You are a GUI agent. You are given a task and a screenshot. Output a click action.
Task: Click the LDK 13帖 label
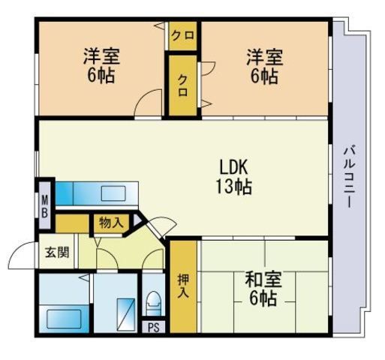coord(233,177)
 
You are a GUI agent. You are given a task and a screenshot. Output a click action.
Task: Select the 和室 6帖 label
coord(263,289)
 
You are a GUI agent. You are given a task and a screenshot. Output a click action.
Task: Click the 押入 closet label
coord(183,286)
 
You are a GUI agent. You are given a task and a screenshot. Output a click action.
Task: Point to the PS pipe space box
coord(153,327)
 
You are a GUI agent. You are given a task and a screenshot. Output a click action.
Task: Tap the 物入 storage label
coord(111,223)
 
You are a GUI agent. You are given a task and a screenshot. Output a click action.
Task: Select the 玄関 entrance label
coord(57,252)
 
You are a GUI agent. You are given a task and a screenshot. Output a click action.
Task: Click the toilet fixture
coord(153,304)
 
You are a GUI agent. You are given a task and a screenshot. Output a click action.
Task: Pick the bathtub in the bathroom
coord(64,319)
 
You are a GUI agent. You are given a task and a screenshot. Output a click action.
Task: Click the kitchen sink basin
coord(113,193)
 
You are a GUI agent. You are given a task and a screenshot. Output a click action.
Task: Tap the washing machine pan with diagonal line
coord(126,315)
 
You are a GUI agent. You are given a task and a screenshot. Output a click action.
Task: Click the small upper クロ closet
coord(183,36)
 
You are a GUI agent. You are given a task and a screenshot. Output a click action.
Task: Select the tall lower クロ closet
coord(183,85)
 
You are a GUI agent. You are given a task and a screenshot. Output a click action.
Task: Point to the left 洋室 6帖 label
coord(101,65)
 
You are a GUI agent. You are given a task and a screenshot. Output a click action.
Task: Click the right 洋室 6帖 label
coord(265,65)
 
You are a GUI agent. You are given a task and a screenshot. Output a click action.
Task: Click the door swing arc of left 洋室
coord(142,96)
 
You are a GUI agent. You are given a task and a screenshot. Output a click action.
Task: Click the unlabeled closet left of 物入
coord(72,223)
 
